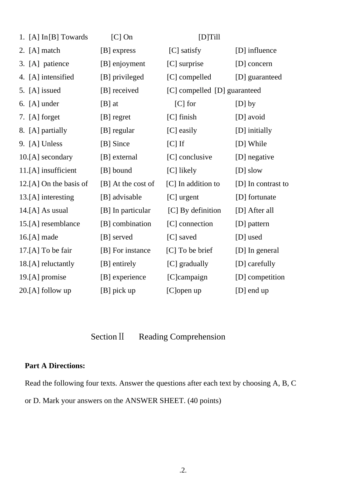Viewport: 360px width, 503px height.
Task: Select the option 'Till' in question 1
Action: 214,37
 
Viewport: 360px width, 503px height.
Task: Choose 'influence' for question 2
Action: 262,50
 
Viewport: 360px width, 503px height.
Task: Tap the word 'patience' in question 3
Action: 56,64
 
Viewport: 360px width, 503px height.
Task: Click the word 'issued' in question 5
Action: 51,90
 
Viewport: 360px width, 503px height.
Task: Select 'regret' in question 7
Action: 121,117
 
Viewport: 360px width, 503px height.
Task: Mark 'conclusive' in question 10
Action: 195,157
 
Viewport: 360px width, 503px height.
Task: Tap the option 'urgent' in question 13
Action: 189,197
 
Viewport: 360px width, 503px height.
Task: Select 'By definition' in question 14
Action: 200,210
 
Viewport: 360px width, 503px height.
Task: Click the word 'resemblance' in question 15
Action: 61,224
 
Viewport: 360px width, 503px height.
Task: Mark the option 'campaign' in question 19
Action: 193,277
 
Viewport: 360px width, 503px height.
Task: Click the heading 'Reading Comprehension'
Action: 182,337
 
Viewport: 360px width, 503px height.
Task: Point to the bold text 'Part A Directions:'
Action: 55,366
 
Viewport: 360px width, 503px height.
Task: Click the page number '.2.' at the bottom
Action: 183,470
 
